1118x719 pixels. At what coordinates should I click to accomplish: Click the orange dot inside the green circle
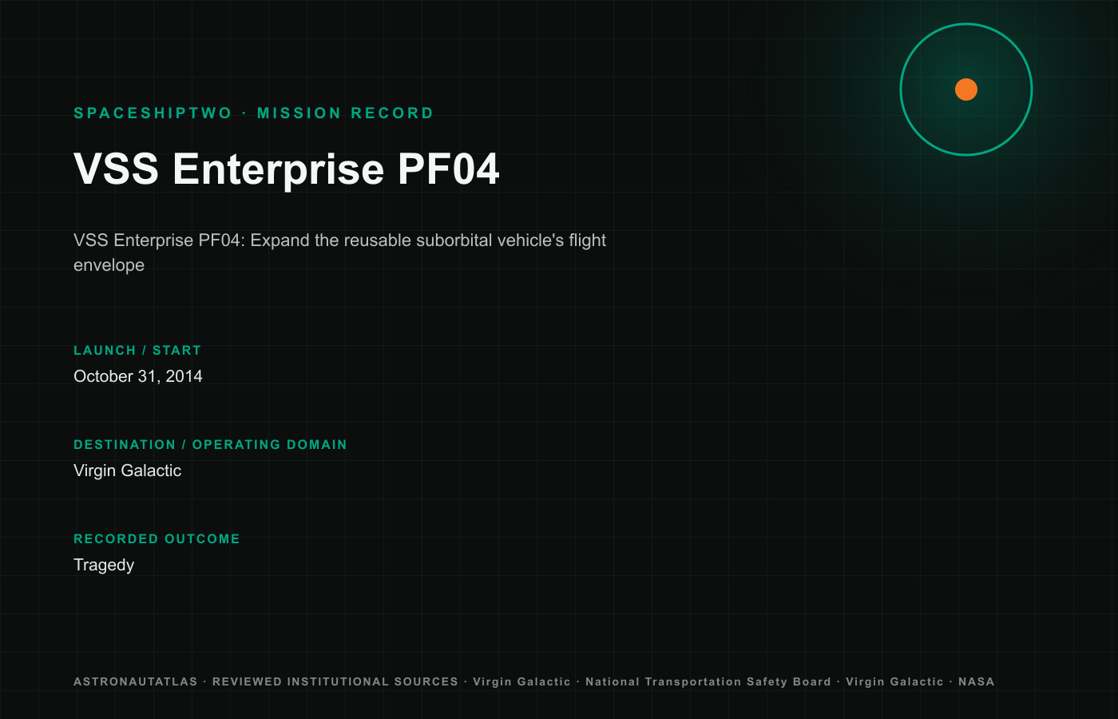coord(965,89)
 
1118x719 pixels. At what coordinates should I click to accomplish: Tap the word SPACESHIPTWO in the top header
coord(153,113)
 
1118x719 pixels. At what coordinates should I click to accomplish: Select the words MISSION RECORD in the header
coord(345,113)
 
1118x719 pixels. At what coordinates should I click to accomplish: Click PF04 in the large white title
coord(448,169)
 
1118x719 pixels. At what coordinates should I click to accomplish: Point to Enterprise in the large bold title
coord(279,170)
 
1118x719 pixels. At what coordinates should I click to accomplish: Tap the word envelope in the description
coord(109,265)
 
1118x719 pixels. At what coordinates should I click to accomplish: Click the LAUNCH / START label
coord(137,351)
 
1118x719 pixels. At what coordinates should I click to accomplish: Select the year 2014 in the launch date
coord(184,376)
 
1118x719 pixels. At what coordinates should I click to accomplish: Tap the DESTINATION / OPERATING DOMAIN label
coord(210,444)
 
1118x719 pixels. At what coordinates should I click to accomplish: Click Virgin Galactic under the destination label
coord(127,471)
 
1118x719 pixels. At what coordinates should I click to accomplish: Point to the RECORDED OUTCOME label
coord(157,538)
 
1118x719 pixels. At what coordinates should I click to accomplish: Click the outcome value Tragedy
coord(104,566)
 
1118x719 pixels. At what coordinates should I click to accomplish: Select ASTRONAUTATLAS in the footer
coord(136,681)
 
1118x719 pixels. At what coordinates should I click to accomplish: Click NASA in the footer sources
coord(976,681)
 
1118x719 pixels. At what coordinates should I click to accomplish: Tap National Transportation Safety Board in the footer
coord(708,681)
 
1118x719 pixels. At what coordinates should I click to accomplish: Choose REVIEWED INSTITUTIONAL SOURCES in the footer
coord(335,681)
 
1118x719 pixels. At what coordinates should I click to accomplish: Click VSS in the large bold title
coord(117,169)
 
